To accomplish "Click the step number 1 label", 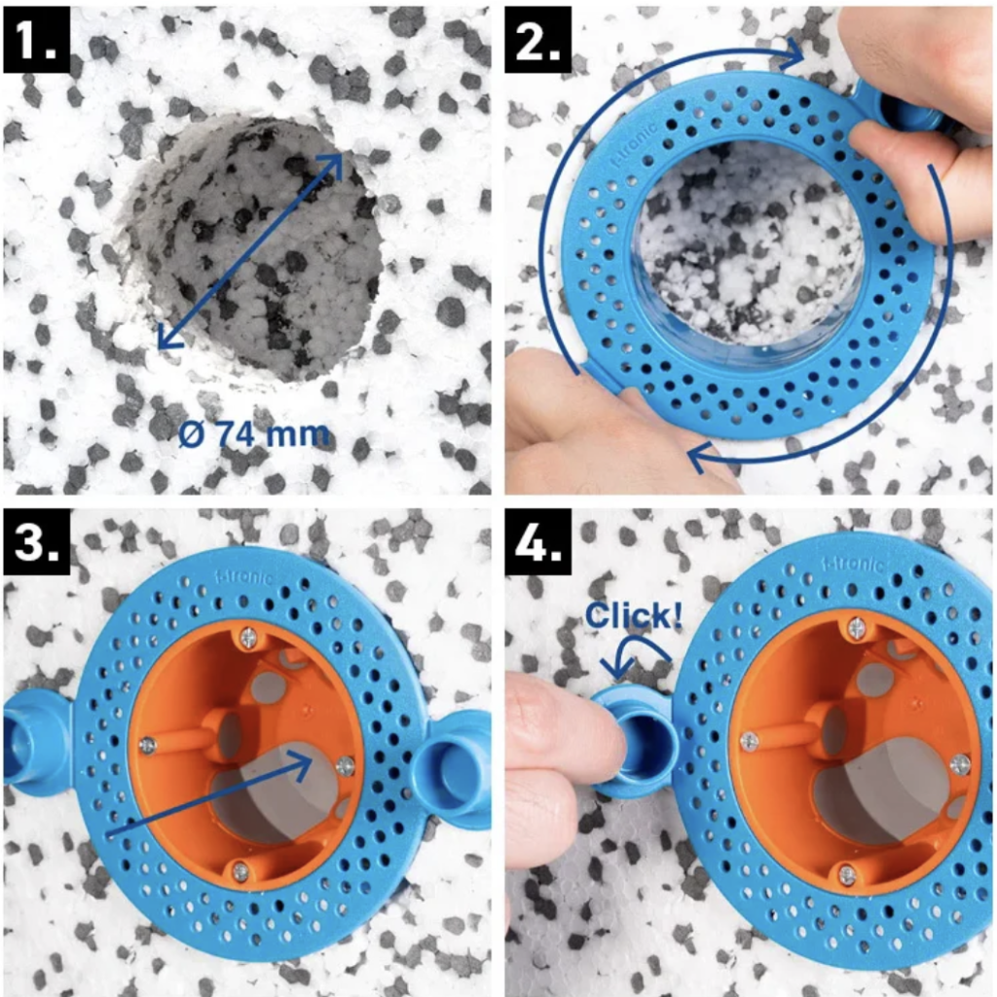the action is click(36, 39).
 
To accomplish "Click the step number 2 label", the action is click(537, 39).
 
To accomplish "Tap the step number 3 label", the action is click(36, 541).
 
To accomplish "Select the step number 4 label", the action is click(537, 541).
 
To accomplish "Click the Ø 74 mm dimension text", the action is click(254, 435).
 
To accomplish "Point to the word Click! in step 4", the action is click(633, 615).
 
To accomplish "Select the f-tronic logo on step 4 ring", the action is click(853, 565).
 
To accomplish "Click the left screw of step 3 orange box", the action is click(148, 745).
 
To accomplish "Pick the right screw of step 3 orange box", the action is click(346, 766).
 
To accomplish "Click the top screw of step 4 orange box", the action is click(857, 629).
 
